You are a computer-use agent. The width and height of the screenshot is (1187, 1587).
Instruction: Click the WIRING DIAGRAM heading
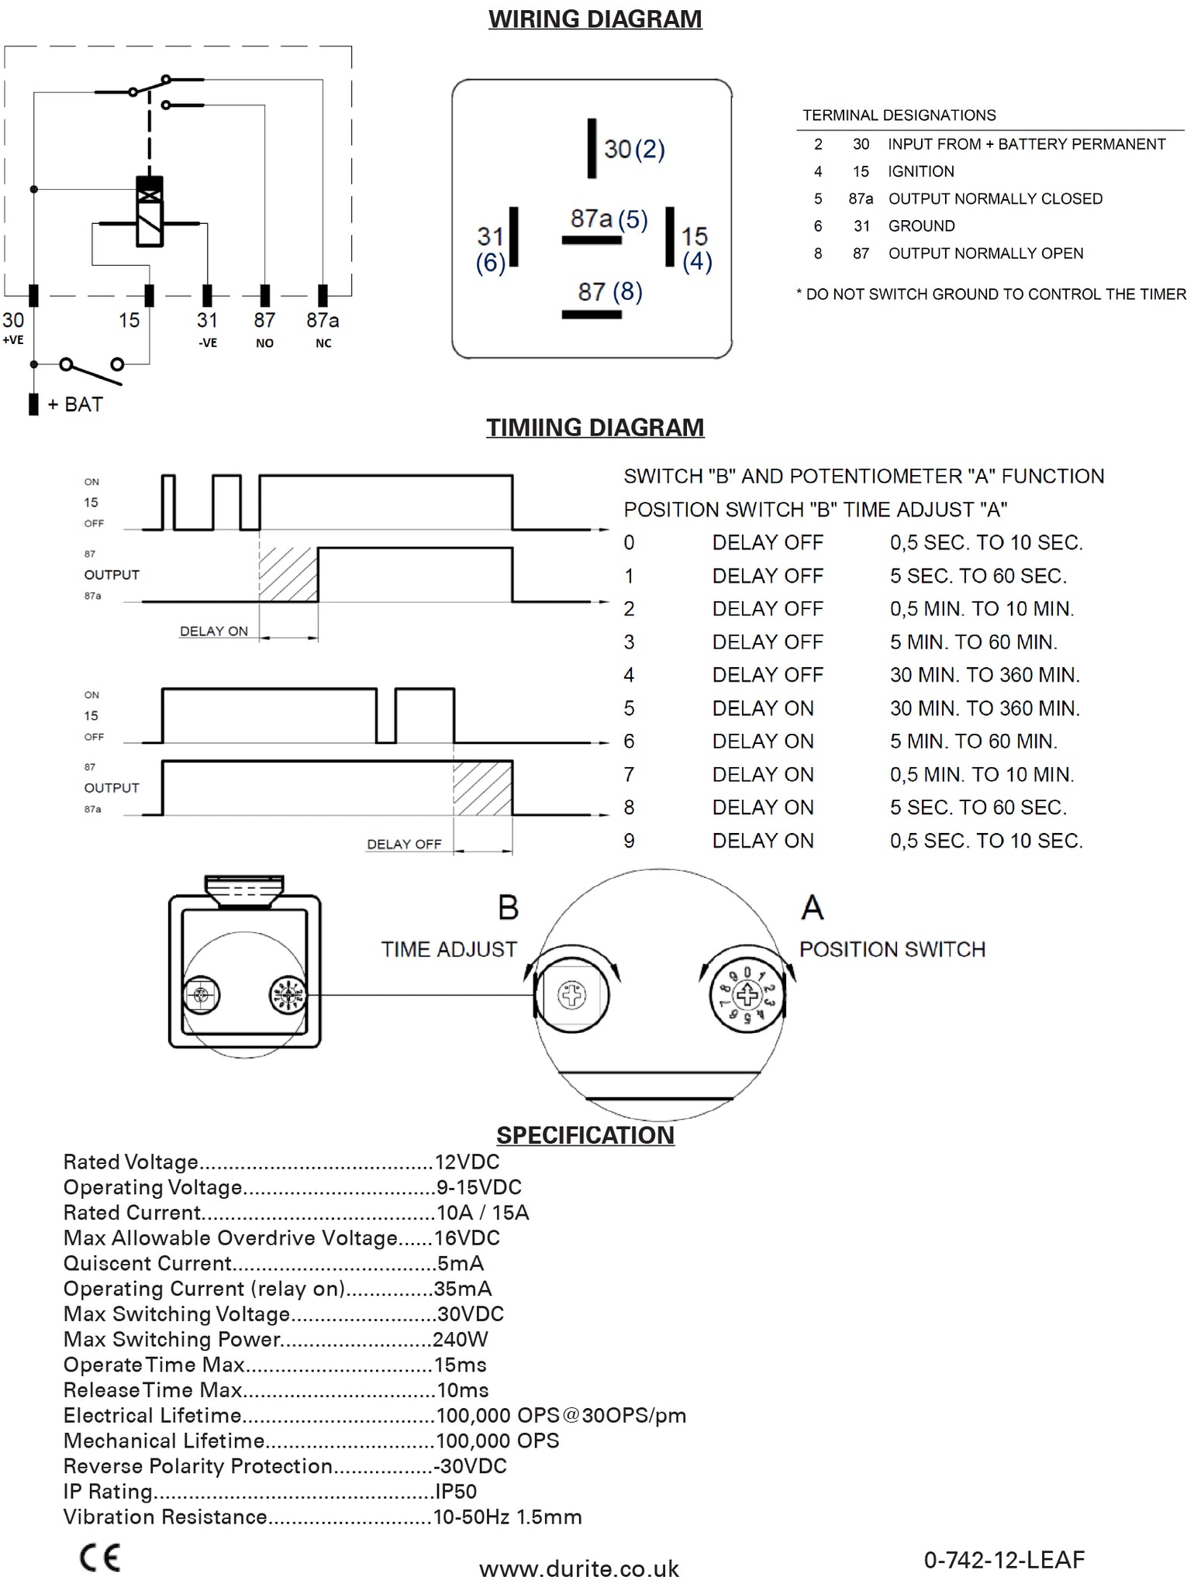tap(595, 19)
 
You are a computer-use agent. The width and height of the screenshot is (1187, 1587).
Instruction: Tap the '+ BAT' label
tap(75, 404)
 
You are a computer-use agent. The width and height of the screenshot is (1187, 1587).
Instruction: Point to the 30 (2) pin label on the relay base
tap(634, 149)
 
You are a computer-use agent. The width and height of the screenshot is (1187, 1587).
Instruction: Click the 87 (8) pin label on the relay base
tap(610, 292)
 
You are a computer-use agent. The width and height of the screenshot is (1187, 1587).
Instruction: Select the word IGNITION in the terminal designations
tap(921, 171)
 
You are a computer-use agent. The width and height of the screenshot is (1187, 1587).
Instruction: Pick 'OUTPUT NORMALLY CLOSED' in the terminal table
tap(995, 198)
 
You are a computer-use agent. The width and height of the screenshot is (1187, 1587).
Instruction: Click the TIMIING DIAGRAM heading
tap(595, 427)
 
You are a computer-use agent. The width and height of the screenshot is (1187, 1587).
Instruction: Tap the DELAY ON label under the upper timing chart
tap(214, 631)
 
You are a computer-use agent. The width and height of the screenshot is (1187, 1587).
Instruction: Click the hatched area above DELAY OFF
tap(482, 789)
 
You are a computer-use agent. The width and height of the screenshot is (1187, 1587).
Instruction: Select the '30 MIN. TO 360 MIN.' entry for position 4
tap(985, 675)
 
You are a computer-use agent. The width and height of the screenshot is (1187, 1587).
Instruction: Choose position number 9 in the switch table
tap(629, 841)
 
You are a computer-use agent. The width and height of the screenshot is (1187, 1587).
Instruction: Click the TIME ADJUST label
tap(449, 949)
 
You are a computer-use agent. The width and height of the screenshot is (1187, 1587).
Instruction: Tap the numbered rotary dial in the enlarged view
tap(747, 995)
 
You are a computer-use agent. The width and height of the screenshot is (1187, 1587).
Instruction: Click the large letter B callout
tap(508, 907)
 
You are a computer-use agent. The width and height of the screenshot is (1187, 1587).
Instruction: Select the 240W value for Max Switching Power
tap(461, 1339)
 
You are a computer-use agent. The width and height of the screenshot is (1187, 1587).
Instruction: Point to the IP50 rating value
tap(456, 1491)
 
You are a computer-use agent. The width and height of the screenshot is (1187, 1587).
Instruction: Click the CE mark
tap(100, 1558)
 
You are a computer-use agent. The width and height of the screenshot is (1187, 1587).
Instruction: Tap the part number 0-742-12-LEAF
tap(1004, 1559)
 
